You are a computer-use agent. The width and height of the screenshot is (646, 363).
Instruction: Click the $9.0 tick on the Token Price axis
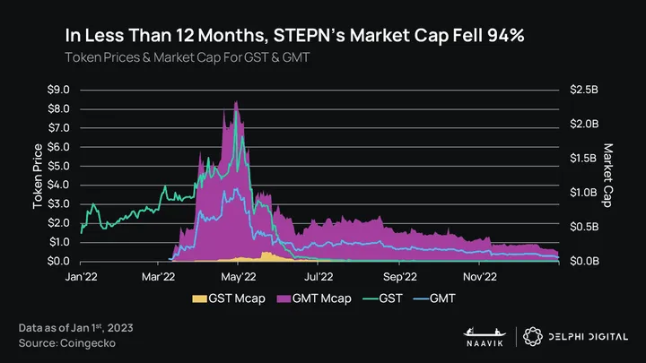coord(58,90)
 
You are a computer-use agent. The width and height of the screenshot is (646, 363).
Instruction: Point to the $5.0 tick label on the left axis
coord(58,166)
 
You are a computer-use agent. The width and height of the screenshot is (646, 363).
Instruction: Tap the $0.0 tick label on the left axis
coord(58,261)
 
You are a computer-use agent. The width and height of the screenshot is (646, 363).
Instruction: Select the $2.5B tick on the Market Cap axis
coord(582,90)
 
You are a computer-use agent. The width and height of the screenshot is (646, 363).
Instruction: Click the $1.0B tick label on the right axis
coord(582,193)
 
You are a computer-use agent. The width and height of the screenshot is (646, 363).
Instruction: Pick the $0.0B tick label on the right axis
coord(582,261)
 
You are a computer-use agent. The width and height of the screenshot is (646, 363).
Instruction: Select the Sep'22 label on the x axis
coord(399,277)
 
